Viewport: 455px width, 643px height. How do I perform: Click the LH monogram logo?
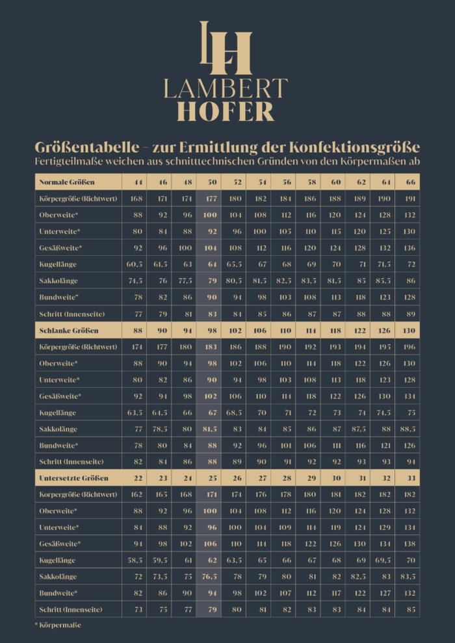coord(226,48)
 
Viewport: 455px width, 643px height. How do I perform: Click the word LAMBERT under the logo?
coord(226,88)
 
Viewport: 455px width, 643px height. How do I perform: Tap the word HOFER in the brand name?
coord(226,110)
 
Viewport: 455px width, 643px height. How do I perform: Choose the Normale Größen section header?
coord(68,182)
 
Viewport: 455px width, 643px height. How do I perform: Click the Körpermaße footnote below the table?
coord(58,625)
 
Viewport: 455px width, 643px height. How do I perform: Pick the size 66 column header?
coord(410,182)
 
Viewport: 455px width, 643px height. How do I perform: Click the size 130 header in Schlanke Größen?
coord(410,330)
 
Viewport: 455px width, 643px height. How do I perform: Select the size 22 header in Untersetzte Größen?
coord(137,478)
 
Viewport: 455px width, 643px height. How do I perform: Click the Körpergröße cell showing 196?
coord(410,347)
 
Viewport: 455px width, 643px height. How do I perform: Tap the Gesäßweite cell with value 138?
coord(410,544)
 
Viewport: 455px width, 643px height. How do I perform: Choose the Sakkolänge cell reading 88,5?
coord(410,429)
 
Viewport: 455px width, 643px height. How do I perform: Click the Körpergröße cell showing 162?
coord(137,495)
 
